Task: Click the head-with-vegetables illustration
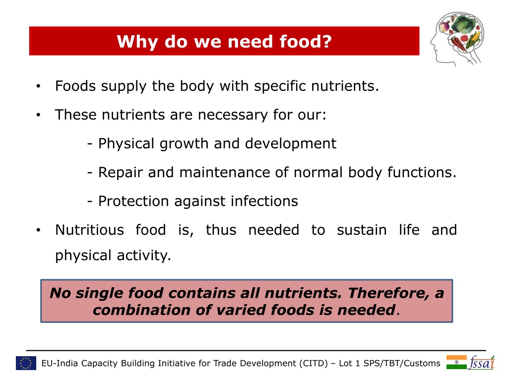[457, 39]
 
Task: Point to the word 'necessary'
[233, 115]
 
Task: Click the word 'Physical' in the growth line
[126, 143]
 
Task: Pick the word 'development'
[291, 143]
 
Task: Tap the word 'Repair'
[120, 172]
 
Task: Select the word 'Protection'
[133, 201]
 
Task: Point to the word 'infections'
[264, 201]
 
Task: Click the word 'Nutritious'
[89, 230]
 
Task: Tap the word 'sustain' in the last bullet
[362, 230]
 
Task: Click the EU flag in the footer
[26, 363]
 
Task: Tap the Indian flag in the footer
[456, 362]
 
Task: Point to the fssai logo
[482, 363]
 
